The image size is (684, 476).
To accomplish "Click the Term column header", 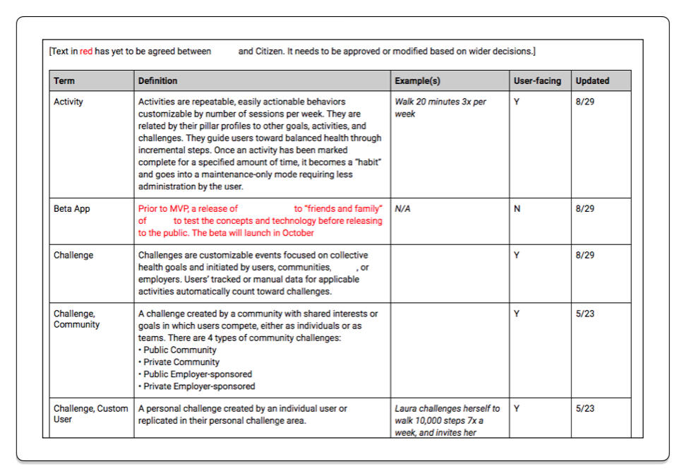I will point(64,81).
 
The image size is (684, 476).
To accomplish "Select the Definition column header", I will point(157,81).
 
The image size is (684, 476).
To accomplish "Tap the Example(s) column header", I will point(417,81).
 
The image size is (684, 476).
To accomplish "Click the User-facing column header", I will point(537,81).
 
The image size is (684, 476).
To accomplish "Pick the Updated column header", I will point(592,81).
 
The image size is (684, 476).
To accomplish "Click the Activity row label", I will point(68,102).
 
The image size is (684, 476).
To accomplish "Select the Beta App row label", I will point(72,209).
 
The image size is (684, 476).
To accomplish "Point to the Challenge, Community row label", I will point(76,319).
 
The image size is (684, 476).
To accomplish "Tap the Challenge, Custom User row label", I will point(90,414).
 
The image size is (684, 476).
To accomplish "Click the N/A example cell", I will point(403,209).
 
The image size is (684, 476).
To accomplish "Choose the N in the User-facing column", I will point(517,209).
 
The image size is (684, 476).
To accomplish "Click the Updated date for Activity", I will point(585,102).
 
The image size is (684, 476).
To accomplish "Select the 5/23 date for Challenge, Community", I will point(585,314).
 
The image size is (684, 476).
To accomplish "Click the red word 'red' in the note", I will point(86,52).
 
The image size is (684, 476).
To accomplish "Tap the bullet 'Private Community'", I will point(181,362).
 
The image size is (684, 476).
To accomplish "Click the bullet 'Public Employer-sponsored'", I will point(197,374).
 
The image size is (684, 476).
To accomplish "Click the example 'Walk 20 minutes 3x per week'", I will point(440,107).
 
